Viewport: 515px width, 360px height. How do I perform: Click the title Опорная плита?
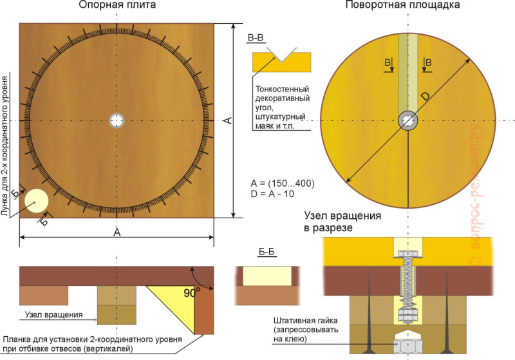[x=117, y=5]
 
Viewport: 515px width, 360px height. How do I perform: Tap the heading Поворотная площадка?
[x=402, y=5]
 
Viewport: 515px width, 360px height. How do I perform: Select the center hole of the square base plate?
[x=117, y=120]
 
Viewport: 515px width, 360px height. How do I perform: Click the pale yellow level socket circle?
[x=37, y=201]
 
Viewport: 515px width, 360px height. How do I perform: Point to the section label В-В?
[x=256, y=38]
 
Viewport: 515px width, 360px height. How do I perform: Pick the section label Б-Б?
[x=267, y=252]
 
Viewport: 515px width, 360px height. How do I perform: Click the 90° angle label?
[x=192, y=292]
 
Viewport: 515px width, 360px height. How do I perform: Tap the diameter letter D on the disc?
[x=425, y=96]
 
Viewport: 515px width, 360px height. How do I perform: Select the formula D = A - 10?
[x=272, y=194]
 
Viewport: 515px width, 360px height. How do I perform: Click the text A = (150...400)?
[x=283, y=184]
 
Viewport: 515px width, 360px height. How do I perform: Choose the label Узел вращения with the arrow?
[x=54, y=315]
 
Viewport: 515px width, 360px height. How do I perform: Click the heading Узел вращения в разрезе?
[x=342, y=222]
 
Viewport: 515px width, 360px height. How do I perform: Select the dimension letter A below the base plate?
[x=117, y=232]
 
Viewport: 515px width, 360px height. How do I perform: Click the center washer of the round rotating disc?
[x=408, y=121]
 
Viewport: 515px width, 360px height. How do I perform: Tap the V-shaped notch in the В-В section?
[x=281, y=55]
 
